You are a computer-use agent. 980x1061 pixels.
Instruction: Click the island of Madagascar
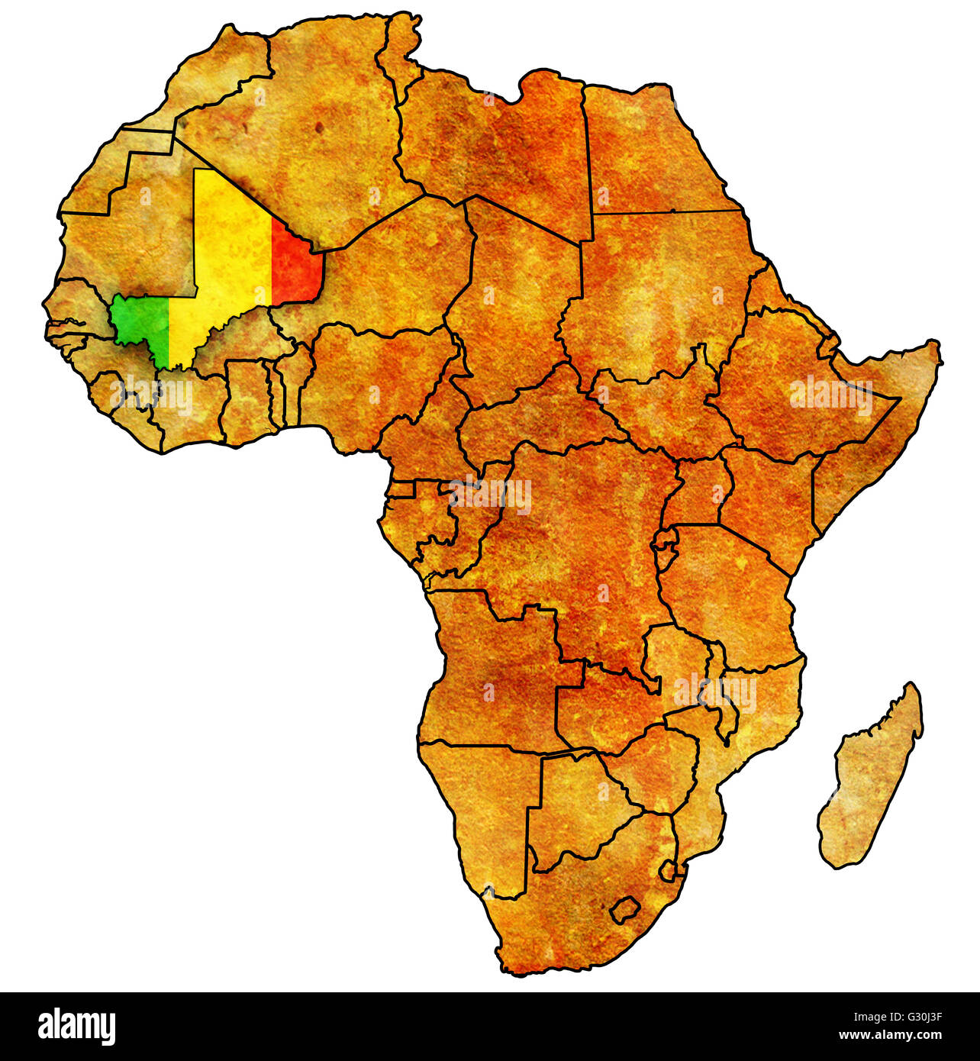(870, 779)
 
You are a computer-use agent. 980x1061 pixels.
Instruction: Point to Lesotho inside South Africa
(624, 909)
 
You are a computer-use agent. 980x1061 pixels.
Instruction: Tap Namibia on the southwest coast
(488, 809)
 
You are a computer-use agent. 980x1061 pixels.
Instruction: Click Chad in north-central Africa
(519, 290)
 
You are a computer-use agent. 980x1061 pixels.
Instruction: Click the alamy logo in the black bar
(76, 1027)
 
